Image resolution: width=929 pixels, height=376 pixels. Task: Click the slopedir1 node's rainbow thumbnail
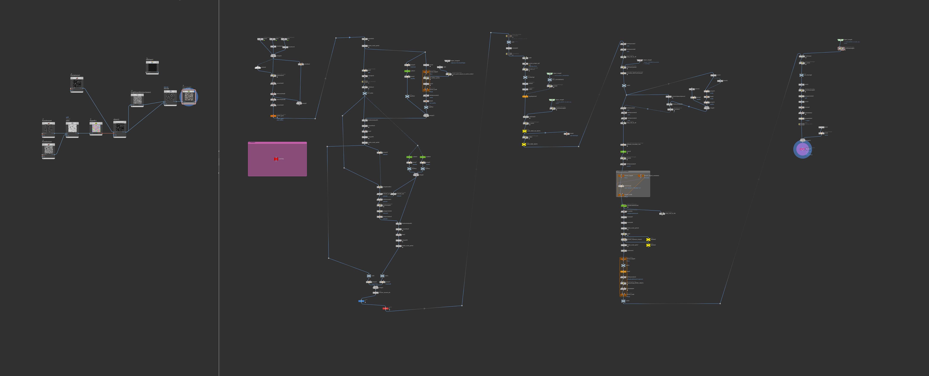coord(96,128)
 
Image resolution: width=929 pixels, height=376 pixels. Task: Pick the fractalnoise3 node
coord(48,149)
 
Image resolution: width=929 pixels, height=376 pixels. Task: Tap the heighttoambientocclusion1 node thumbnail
coord(137,100)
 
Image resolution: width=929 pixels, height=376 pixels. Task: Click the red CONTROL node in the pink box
coord(276,159)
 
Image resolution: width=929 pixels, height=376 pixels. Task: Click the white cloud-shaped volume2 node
coord(258,67)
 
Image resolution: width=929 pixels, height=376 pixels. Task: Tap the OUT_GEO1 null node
coord(365,93)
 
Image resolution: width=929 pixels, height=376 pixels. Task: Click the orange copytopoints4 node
coord(525,96)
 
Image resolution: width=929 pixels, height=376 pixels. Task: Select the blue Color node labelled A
coord(361,301)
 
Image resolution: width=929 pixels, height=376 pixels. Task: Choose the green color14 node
coord(623,152)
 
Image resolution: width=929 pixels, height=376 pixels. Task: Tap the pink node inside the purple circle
coord(802,149)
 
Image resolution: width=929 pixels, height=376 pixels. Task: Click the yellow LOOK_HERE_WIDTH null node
coord(524,144)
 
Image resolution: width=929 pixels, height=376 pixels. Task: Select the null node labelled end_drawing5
coord(801,75)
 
